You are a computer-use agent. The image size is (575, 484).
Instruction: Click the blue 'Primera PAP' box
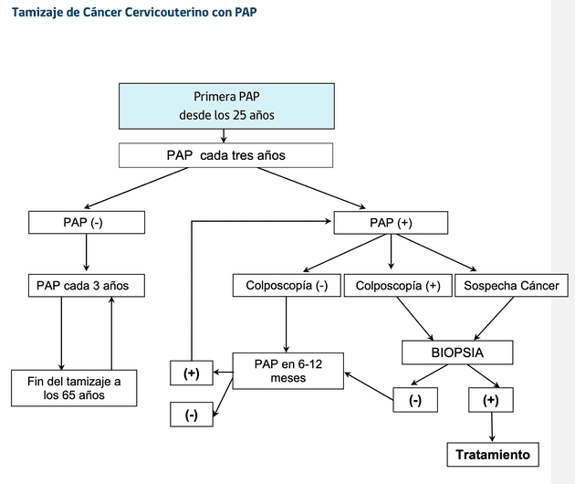(225, 106)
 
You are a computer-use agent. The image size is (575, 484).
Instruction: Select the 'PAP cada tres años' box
(225, 155)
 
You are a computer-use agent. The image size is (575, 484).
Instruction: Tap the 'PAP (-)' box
(85, 222)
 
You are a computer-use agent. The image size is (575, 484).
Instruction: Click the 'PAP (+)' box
(391, 222)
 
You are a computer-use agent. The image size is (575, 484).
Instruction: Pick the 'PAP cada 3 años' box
(85, 286)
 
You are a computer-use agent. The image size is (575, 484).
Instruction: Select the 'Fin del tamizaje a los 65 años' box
(74, 387)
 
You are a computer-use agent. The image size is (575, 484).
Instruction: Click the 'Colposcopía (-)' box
(287, 286)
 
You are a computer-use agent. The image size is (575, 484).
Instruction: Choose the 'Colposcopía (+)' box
(397, 286)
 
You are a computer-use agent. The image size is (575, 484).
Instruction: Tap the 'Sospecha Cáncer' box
(511, 286)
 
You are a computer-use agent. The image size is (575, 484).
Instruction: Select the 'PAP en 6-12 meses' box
(288, 371)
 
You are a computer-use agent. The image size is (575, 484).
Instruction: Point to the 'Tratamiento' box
(492, 454)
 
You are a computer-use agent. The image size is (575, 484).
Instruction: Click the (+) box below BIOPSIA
(491, 400)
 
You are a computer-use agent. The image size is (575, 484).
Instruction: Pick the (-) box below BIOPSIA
(415, 400)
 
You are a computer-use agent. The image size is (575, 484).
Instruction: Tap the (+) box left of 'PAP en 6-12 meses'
(192, 373)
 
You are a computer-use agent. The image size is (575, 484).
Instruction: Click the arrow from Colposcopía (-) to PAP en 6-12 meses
(287, 325)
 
